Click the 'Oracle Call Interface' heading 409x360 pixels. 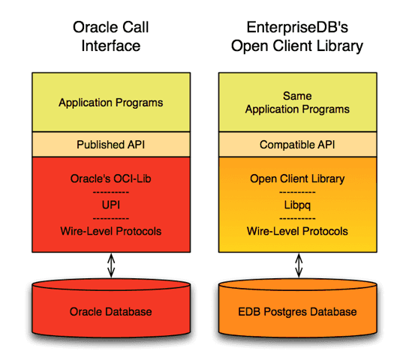click(x=111, y=36)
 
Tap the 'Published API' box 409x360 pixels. click(x=111, y=144)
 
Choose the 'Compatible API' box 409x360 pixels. click(x=299, y=144)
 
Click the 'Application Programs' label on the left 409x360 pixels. click(x=111, y=103)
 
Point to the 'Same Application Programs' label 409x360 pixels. click(x=299, y=103)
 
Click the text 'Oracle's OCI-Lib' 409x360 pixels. click(x=111, y=178)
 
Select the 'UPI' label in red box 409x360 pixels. click(x=111, y=204)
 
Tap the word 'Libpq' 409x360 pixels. click(x=299, y=204)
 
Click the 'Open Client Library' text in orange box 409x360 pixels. click(x=299, y=178)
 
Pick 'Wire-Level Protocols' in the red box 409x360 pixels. click(x=111, y=230)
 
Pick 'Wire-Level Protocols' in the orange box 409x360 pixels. click(x=299, y=230)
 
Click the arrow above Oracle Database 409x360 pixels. click(x=112, y=265)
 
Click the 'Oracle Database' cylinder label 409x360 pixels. click(x=111, y=311)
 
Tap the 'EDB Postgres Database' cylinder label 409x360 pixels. click(x=299, y=311)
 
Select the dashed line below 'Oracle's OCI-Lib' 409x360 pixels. click(x=111, y=191)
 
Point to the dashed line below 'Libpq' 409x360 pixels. click(x=299, y=217)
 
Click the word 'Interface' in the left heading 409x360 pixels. click(x=111, y=46)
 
